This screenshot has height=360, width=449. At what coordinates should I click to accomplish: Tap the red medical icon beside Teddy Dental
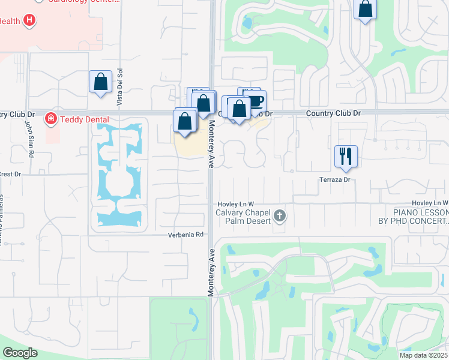(50, 119)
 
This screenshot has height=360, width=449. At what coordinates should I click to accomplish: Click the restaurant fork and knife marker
(346, 156)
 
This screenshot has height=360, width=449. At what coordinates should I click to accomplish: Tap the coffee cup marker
(255, 100)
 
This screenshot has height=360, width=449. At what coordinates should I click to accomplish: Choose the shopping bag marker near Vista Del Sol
(100, 82)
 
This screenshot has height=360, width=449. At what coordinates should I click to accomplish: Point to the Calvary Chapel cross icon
(279, 215)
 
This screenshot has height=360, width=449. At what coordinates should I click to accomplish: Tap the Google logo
(20, 353)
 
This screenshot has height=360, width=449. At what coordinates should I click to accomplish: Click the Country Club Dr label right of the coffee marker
(333, 113)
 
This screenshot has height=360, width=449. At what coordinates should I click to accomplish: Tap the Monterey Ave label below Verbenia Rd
(211, 273)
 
